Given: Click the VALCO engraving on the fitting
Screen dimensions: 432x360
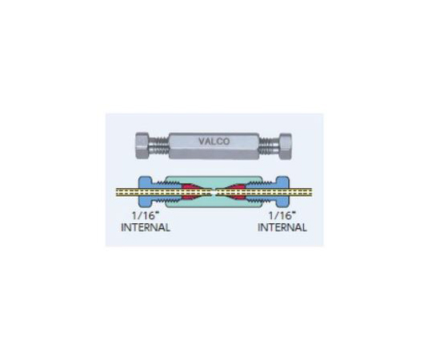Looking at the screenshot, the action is point(214,142).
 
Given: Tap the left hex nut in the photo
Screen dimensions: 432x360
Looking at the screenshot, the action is point(142,146).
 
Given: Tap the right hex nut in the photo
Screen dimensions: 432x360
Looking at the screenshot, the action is point(286,146).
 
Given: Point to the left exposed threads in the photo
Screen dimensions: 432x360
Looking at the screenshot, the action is point(159,146).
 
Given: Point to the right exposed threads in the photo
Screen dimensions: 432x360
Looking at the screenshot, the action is point(270,146).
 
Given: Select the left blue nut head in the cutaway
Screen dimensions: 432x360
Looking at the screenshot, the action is point(145,191).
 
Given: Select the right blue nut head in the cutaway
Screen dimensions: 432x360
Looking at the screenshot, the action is point(282,191).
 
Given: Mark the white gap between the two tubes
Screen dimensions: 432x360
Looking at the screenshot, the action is point(214,192).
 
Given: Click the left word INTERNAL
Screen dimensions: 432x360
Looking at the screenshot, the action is point(146,227).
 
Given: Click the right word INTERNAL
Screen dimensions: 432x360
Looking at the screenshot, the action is point(282,227).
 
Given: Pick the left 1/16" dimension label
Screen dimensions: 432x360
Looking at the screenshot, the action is point(146,215).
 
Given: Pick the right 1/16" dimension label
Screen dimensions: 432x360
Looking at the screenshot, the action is point(282,215).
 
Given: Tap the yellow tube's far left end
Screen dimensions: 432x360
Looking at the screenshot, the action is point(117,192).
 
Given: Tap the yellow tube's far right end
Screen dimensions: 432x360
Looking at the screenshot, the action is point(311,192).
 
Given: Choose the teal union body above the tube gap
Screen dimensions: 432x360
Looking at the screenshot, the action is point(214,182).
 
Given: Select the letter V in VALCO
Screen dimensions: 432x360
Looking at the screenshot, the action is point(202,142).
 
